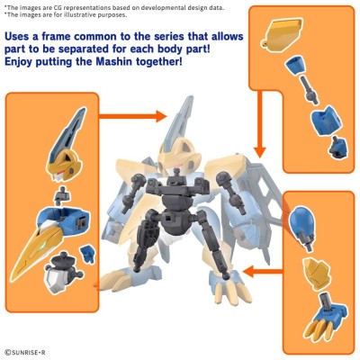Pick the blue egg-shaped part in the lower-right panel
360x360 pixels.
[x=301, y=219]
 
